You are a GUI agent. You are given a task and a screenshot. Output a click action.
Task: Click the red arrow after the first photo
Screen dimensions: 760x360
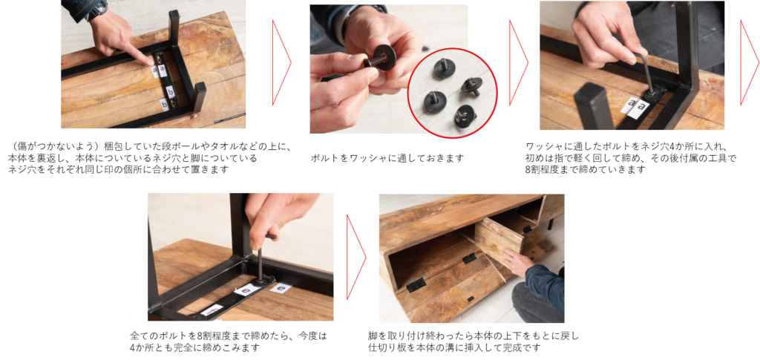[281, 62]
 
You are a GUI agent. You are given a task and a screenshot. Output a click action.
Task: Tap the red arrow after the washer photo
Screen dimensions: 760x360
[518, 62]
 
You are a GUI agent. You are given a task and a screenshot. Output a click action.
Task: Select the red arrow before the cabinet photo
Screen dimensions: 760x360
[356, 258]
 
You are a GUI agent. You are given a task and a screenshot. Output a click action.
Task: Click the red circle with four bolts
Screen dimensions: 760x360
[452, 93]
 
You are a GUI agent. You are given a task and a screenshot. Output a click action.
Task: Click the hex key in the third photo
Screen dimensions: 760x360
[642, 73]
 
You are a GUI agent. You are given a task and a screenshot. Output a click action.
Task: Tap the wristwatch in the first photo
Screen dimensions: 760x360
[96, 8]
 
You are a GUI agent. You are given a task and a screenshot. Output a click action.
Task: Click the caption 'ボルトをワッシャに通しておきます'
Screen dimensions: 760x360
[387, 158]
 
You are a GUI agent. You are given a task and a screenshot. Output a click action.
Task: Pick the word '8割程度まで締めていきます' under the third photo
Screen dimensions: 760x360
[586, 169]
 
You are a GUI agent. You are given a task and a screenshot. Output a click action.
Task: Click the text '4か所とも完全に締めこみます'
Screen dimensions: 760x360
[194, 347]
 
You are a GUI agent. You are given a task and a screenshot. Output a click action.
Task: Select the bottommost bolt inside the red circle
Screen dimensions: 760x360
[465, 115]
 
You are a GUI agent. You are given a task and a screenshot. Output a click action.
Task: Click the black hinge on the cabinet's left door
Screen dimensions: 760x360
[416, 286]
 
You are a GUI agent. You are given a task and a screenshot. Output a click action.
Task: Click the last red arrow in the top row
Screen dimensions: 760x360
[750, 62]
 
